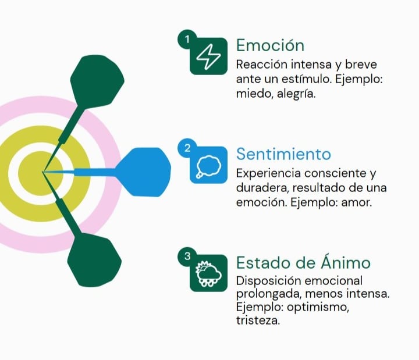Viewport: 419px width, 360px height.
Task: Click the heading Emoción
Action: [x=270, y=45]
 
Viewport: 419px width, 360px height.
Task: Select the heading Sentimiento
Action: [x=283, y=154]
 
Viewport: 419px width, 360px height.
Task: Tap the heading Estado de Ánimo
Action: [x=303, y=263]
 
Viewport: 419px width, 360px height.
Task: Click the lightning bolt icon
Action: [x=208, y=56]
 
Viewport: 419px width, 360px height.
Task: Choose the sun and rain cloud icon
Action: [x=208, y=273]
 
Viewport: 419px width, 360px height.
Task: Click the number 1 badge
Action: [x=186, y=40]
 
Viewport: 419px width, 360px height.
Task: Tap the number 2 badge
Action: [x=186, y=148]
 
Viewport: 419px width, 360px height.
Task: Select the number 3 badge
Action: [x=186, y=256]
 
